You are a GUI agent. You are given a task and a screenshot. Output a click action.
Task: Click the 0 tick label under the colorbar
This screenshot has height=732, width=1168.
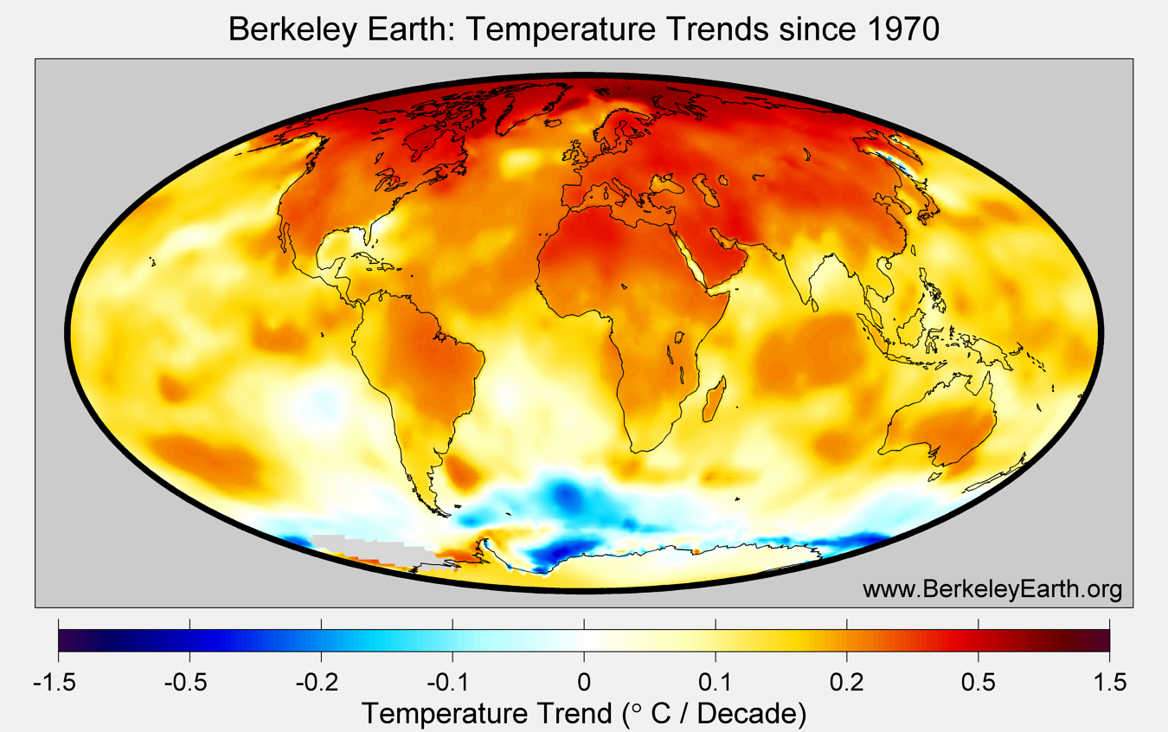584,684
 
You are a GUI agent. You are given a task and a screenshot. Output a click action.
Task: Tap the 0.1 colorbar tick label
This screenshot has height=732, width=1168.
716,684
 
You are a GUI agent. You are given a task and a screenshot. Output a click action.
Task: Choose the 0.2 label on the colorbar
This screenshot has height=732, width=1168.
847,684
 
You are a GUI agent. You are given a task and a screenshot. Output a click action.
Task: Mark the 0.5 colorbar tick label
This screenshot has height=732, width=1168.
979,684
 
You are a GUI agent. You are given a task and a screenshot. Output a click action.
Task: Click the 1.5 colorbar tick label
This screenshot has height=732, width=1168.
1109,684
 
